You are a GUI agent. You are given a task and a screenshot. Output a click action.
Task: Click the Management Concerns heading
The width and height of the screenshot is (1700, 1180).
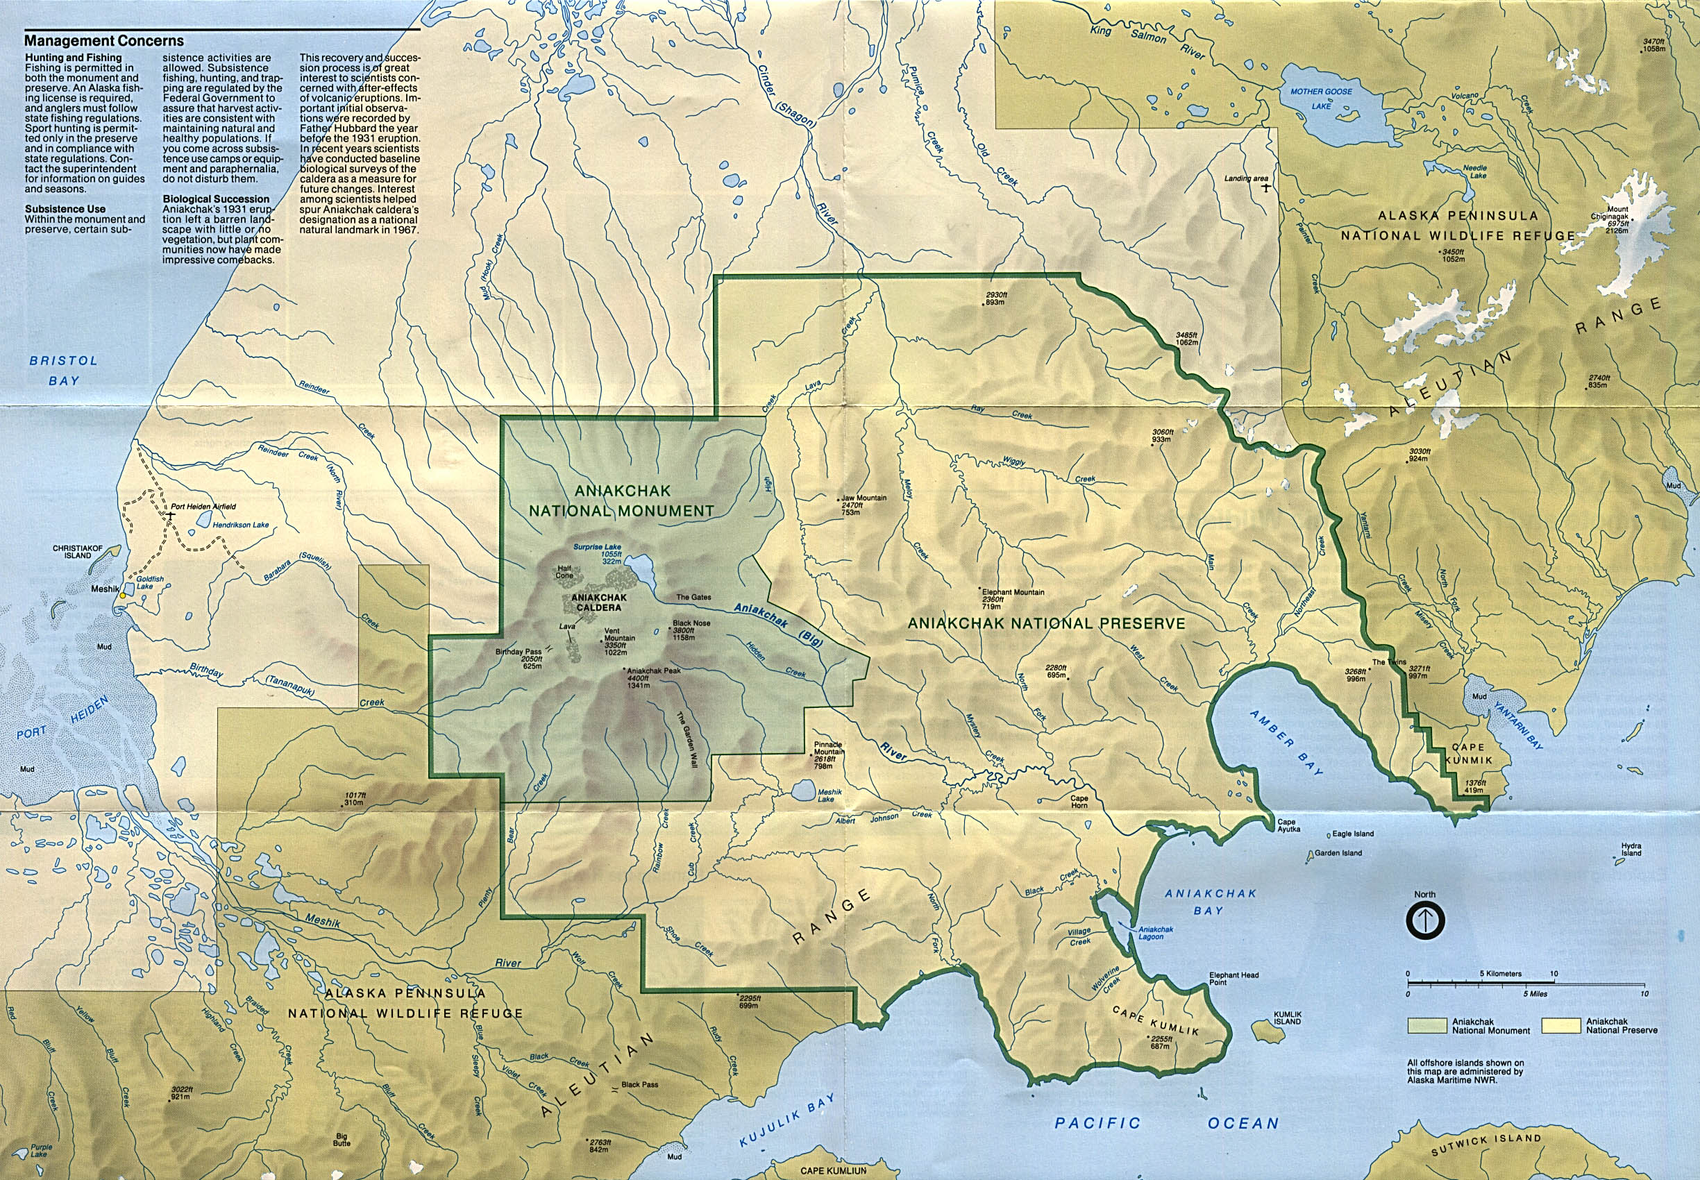pyautogui.click(x=103, y=42)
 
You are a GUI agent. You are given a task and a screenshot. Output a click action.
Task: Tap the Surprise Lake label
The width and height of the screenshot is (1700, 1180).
pyautogui.click(x=598, y=548)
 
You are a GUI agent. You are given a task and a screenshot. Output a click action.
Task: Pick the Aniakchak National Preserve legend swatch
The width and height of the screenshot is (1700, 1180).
pyautogui.click(x=1562, y=1025)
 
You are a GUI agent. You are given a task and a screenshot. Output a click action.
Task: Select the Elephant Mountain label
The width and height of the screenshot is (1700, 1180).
pyautogui.click(x=1012, y=592)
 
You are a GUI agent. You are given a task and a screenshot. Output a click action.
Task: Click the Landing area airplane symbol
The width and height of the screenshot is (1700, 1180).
pyautogui.click(x=1266, y=187)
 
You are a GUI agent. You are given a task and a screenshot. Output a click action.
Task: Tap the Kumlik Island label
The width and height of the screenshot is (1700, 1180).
pyautogui.click(x=1287, y=1018)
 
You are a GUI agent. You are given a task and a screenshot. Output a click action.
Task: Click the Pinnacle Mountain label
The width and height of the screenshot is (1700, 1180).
pyautogui.click(x=827, y=748)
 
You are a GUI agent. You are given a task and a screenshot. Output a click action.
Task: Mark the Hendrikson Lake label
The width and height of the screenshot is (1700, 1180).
pyautogui.click(x=240, y=525)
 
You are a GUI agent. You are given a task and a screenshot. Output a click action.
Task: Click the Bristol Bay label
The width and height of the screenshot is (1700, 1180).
pyautogui.click(x=64, y=371)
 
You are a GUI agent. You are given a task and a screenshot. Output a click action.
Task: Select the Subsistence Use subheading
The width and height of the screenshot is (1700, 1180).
pyautogui.click(x=65, y=209)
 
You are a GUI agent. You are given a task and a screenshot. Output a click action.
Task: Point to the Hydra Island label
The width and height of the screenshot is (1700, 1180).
pyautogui.click(x=1631, y=850)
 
